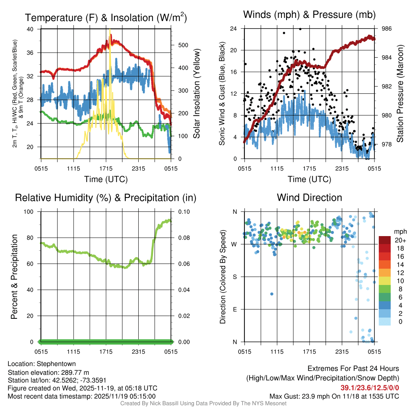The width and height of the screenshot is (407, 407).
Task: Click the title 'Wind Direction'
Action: pyautogui.click(x=309, y=198)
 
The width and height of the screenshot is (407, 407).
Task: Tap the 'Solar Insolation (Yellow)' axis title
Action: pyautogui.click(x=196, y=94)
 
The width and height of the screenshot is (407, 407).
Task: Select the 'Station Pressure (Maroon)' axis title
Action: pyautogui.click(x=400, y=94)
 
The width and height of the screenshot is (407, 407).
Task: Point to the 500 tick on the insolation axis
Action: pyautogui.click(x=183, y=45)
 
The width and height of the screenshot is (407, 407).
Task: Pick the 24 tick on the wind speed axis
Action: pyautogui.click(x=234, y=29)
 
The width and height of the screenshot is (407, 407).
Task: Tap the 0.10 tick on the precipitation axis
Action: pyautogui.click(x=181, y=211)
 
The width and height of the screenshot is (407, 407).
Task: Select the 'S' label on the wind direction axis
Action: pyautogui.click(x=235, y=277)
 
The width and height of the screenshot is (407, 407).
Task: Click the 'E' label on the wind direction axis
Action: pyautogui.click(x=235, y=309)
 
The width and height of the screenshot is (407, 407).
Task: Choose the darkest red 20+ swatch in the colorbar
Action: pyautogui.click(x=385, y=240)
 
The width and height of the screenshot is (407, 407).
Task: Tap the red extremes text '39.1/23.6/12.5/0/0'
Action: pyautogui.click(x=370, y=388)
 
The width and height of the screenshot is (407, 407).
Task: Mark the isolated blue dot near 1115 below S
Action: pyautogui.click(x=272, y=294)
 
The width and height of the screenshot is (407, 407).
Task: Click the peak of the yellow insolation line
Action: pyautogui.click(x=110, y=29)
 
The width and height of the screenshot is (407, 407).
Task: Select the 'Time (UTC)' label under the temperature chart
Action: pyautogui.click(x=106, y=179)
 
